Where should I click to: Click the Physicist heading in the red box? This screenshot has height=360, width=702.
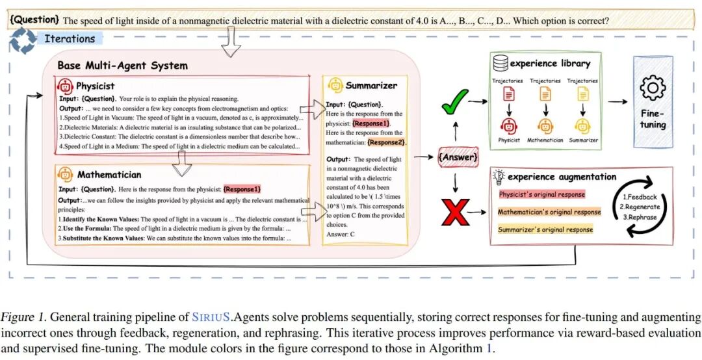coord(95,86)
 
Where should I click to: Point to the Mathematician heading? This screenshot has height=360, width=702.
coord(109,174)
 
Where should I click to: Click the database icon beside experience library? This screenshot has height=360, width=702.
coord(500,63)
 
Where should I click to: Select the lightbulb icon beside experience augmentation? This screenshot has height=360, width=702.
coord(499,177)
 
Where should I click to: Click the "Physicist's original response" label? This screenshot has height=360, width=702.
coord(542,194)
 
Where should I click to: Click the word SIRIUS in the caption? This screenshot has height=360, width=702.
coord(211,318)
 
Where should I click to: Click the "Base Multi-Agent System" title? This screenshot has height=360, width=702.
coord(122,66)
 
